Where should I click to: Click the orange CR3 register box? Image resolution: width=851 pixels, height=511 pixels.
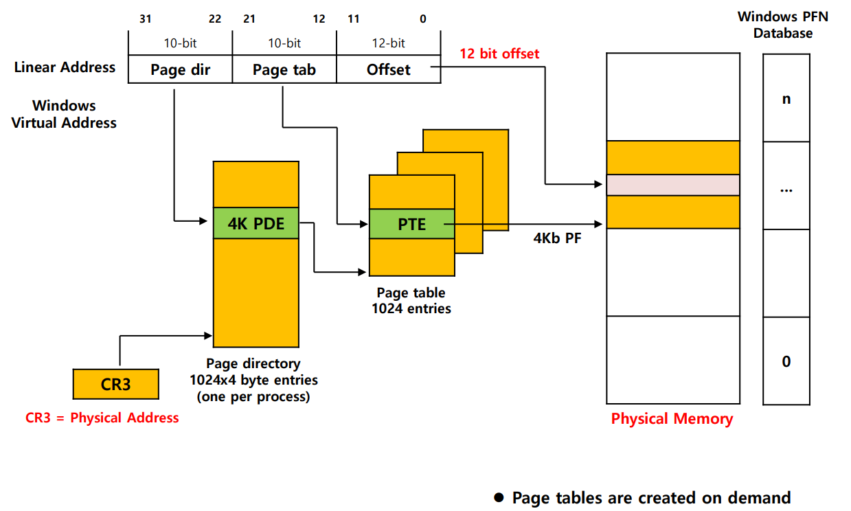115,384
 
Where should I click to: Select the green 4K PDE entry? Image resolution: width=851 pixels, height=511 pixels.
256,223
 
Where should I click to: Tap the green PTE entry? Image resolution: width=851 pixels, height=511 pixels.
411,224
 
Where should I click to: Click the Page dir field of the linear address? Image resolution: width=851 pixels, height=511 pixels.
180,69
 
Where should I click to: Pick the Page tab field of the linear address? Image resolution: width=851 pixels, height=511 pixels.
284,69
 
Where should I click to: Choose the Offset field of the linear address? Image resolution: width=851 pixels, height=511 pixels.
389,69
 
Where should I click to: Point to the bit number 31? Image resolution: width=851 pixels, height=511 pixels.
145,19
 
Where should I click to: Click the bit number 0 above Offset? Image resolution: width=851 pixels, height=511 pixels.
422,19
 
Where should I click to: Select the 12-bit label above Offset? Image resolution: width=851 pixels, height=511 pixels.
388,43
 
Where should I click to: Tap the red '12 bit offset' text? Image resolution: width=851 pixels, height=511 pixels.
499,54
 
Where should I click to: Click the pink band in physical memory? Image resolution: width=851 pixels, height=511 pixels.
672,185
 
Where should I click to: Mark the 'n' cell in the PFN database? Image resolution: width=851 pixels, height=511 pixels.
786,98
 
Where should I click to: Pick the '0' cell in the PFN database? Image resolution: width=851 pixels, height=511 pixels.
786,361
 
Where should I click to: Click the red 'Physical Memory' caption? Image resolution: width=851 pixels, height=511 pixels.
672,419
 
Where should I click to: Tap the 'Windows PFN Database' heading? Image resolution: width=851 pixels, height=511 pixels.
783,25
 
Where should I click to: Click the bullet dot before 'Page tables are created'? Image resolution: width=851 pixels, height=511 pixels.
499,497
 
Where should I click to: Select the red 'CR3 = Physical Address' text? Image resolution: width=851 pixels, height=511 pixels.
102,418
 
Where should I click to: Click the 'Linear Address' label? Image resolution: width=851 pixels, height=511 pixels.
65,67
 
